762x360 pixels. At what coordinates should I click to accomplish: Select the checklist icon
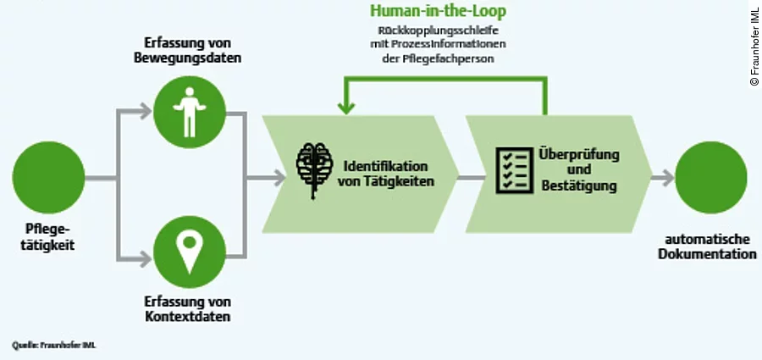pyautogui.click(x=511, y=169)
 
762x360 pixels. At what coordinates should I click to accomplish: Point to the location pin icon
pyautogui.click(x=189, y=252)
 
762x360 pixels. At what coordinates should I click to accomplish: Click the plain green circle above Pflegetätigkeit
pyautogui.click(x=48, y=177)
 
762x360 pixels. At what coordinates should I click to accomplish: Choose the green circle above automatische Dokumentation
pyautogui.click(x=710, y=177)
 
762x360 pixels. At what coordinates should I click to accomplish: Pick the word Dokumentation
pyautogui.click(x=710, y=254)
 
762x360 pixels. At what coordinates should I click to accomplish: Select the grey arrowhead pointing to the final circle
pyautogui.click(x=668, y=178)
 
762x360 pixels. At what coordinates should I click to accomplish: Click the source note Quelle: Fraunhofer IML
pyautogui.click(x=54, y=345)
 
